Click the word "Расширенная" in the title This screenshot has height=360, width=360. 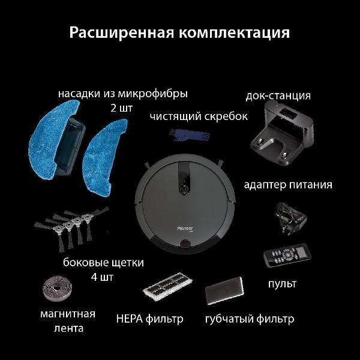pyautogui.click(x=121, y=32)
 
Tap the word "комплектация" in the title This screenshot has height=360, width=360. pyautogui.click(x=234, y=33)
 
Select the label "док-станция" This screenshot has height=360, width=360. pyautogui.click(x=278, y=95)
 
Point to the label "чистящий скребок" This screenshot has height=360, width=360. pyautogui.click(x=199, y=116)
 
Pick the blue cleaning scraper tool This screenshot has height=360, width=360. pyautogui.click(x=189, y=136)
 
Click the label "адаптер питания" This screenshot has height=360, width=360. pyautogui.click(x=288, y=185)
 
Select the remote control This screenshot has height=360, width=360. pyautogui.click(x=287, y=255)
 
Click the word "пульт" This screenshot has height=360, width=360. pyautogui.click(x=282, y=284)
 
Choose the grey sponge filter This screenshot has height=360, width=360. pyautogui.click(x=224, y=290)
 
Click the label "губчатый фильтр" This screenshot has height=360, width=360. pyautogui.click(x=250, y=319)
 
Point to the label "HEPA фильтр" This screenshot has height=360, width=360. pyautogui.click(x=149, y=319)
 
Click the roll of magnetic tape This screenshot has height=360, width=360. pyautogui.click(x=58, y=289)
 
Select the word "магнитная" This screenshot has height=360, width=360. pyautogui.click(x=68, y=314)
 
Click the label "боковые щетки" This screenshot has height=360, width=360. pyautogui.click(x=103, y=263)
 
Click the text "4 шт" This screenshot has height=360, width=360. pyautogui.click(x=102, y=277)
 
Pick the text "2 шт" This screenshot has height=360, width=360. pyautogui.click(x=121, y=108)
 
